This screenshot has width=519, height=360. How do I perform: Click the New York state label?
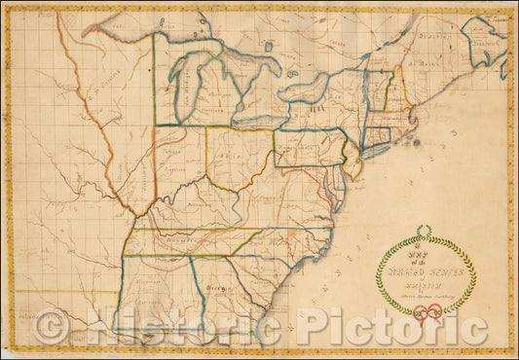point(316,108)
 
